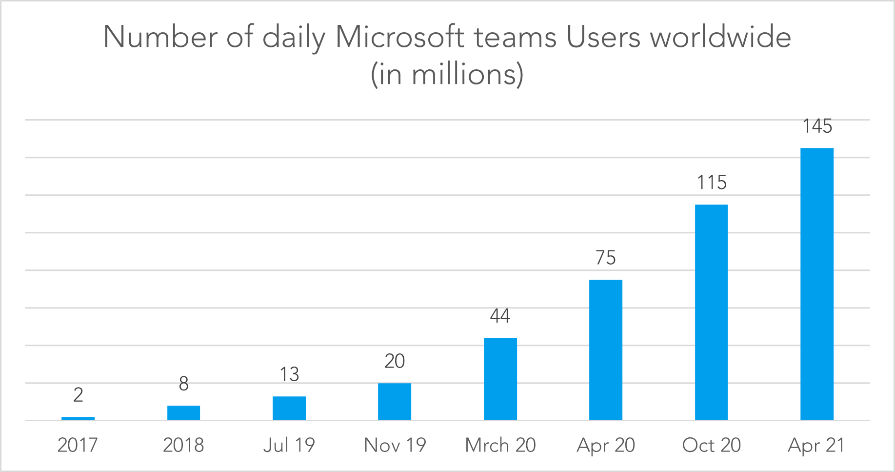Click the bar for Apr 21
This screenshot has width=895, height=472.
(817, 284)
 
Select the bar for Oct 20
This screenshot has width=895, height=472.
(711, 312)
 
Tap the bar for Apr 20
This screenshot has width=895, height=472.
(606, 349)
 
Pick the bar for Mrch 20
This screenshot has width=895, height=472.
(500, 379)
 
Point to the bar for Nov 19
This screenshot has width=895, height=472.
(395, 401)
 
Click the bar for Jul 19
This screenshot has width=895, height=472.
(289, 408)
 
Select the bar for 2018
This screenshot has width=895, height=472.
(183, 412)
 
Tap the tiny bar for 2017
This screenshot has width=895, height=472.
(78, 418)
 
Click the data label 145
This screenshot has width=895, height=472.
(817, 126)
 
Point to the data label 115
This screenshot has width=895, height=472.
(712, 183)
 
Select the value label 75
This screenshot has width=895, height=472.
(606, 258)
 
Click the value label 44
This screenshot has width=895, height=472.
(500, 316)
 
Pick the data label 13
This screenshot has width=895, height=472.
(289, 374)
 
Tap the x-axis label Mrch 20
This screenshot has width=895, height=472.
(500, 445)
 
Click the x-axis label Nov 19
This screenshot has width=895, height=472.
(395, 445)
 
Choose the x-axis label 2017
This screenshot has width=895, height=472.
(78, 445)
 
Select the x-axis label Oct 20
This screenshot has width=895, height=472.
(712, 445)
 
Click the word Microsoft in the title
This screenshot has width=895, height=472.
(400, 37)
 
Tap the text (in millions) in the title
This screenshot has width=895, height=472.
(447, 75)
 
